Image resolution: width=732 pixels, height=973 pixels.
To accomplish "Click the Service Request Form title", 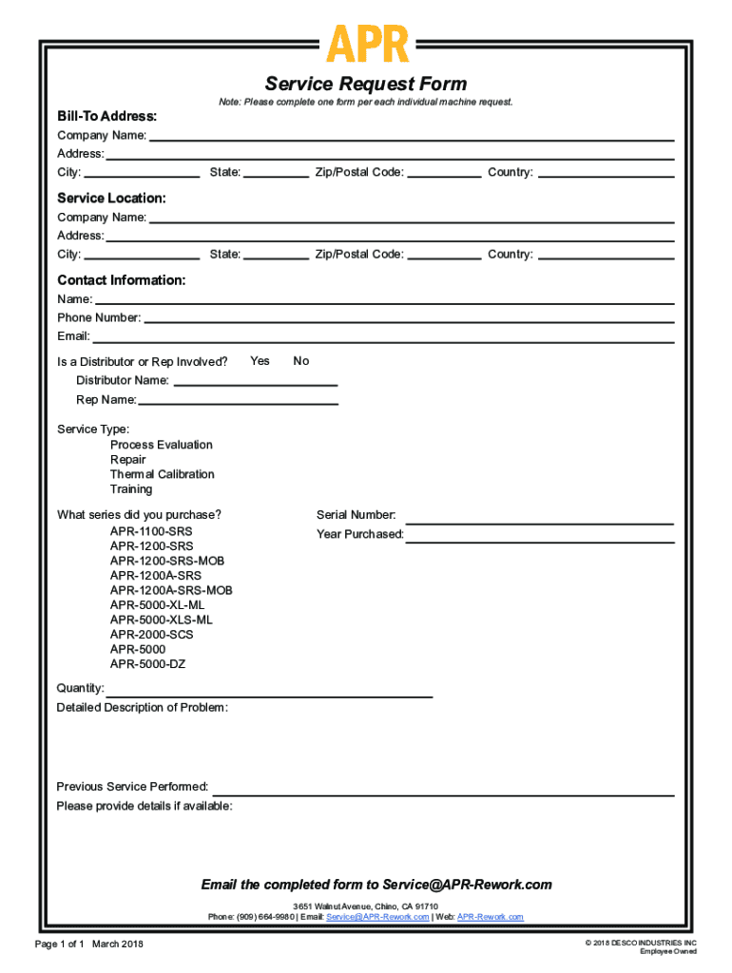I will coord(366,84).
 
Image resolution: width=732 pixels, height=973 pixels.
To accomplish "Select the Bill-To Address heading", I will coord(106,116).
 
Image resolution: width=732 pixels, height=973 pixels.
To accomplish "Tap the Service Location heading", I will coord(111,198).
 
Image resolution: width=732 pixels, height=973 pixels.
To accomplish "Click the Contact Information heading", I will coord(121,280).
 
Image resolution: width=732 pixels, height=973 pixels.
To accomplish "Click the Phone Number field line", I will coord(409,318).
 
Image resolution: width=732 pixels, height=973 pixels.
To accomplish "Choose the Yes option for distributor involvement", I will coord(260,361).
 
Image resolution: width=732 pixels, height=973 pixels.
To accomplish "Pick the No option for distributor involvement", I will coord(301,361).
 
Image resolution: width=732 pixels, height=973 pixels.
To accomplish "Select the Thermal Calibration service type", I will coord(162,474).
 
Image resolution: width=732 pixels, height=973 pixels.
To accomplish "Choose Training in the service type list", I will coord(131,489).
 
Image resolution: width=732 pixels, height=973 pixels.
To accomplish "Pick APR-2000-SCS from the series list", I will coord(151,635).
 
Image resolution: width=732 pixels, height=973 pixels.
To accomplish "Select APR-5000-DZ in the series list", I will coord(147,664).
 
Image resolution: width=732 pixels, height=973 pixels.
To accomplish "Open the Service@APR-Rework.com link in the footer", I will coord(377,917).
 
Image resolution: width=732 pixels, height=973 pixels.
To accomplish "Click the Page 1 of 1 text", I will coord(60,944).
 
